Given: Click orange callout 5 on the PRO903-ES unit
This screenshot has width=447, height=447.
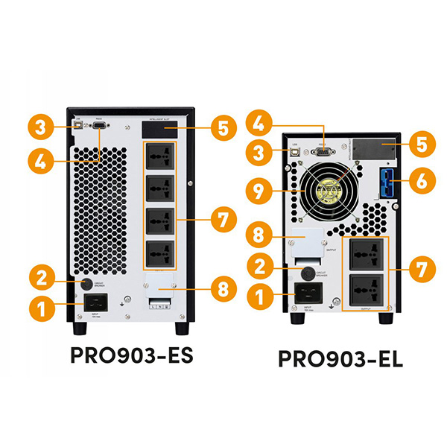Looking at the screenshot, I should point(222,127).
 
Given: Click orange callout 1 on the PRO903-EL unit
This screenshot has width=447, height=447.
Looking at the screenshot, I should point(259,297).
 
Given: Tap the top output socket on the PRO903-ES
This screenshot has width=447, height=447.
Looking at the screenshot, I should point(162,155).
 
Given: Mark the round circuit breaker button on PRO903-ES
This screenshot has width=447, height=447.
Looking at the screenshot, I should point(86,284).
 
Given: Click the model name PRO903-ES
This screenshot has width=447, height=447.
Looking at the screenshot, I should point(132,355).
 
